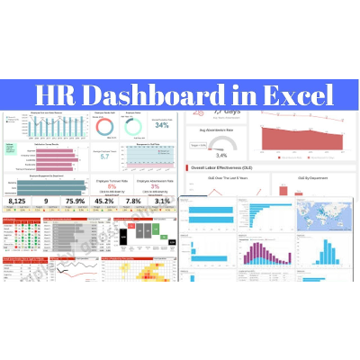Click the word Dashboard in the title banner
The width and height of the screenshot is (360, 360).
click(157, 94)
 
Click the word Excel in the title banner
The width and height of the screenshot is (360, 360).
click(300, 94)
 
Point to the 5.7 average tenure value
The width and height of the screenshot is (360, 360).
click(104, 156)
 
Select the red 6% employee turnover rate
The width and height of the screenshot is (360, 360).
click(112, 187)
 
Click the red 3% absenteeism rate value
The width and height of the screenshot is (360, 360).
click(156, 187)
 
